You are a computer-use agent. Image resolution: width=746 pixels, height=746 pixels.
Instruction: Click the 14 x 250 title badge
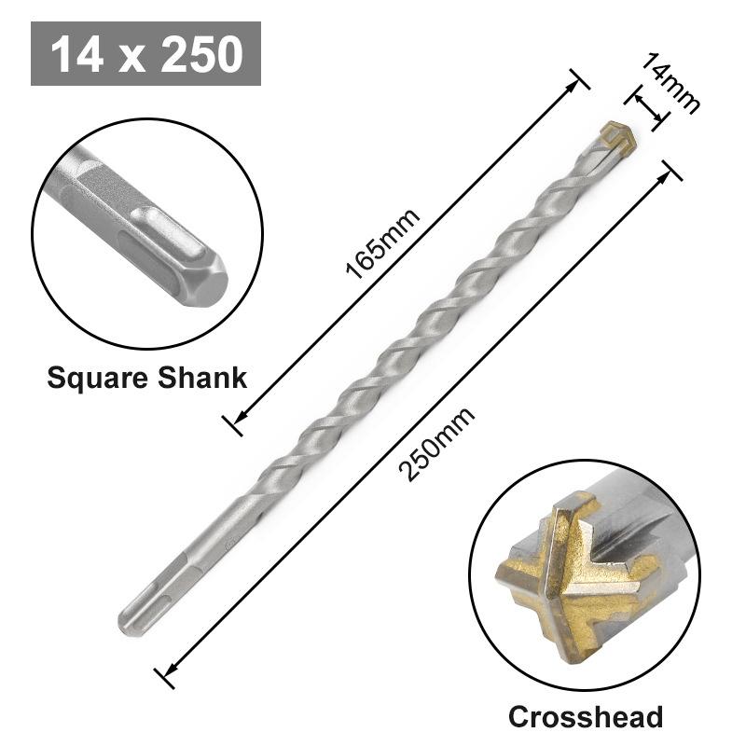coord(145,53)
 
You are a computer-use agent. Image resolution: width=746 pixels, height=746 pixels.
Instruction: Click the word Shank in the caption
coord(200,378)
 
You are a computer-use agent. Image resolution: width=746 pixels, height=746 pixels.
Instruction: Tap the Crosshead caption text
coord(585,716)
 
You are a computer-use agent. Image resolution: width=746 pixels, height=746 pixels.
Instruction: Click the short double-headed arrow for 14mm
coord(650,106)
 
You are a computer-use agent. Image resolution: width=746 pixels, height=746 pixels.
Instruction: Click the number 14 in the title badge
coord(79,53)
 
